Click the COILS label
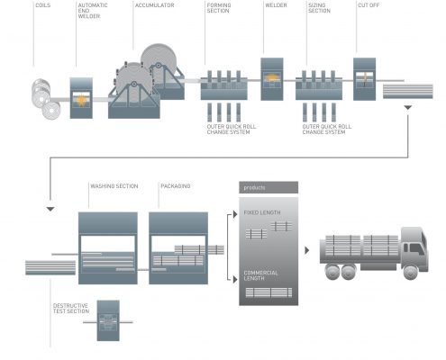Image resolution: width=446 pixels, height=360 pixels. coord(43,5)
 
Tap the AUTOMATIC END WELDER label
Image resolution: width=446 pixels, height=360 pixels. coord(93,11)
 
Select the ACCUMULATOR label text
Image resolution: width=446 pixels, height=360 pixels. coord(154,5)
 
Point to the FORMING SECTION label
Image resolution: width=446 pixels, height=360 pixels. coord(219,8)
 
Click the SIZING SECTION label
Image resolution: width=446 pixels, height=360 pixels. coord(319,8)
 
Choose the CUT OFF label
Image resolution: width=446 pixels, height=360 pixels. coord(369,5)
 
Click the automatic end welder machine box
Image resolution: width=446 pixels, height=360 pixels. coord(81,98)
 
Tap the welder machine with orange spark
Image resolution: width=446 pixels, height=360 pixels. coord(272,79)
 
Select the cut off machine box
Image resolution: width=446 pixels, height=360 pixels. coord(364,79)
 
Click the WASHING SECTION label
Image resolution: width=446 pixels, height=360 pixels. coord(114,186)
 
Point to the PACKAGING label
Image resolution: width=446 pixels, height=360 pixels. coord(176,186)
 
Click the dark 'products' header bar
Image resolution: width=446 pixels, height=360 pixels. coord(269,187)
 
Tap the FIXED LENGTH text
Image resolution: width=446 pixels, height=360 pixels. coord(262,212)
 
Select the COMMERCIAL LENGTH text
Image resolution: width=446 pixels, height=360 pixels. coord(260,275)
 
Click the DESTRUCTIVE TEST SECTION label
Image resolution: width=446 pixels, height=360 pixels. coord(71,309)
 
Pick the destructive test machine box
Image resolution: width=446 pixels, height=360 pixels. coord(108,320)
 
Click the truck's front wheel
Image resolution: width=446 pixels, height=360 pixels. coord(411,272)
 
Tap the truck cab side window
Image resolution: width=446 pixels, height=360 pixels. coord(416,248)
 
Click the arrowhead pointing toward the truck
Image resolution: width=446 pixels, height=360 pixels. coord(306,250)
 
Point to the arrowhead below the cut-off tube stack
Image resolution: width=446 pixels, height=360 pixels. coord(407,107)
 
